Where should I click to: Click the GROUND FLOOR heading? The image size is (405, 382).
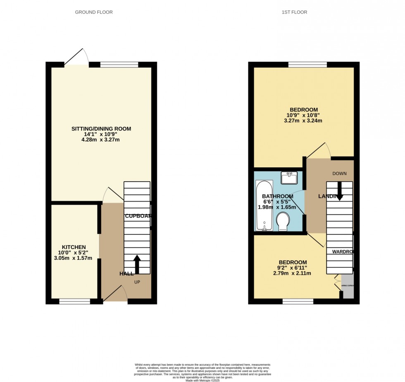[x=94, y=12]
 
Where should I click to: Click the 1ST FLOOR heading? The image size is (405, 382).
[x=295, y=12]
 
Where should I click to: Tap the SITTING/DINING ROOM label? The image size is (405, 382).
[x=101, y=129]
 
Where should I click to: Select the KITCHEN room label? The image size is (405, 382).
[x=74, y=247]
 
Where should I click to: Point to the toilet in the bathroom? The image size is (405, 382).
[x=283, y=221]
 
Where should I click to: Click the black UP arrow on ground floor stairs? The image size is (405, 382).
[x=137, y=264]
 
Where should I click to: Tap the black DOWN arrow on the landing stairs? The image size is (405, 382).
[x=339, y=191]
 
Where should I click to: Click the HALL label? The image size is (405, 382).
[x=126, y=274]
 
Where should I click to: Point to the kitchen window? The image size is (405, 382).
[x=75, y=301]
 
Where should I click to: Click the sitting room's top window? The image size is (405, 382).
[x=119, y=64]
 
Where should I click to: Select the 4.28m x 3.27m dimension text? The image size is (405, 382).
[x=101, y=140]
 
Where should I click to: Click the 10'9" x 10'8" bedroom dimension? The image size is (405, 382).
[x=303, y=115]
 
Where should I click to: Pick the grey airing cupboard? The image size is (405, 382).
[x=348, y=285]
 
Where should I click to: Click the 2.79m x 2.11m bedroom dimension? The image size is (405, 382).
[x=292, y=273]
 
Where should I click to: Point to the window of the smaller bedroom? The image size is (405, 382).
[x=298, y=301]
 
